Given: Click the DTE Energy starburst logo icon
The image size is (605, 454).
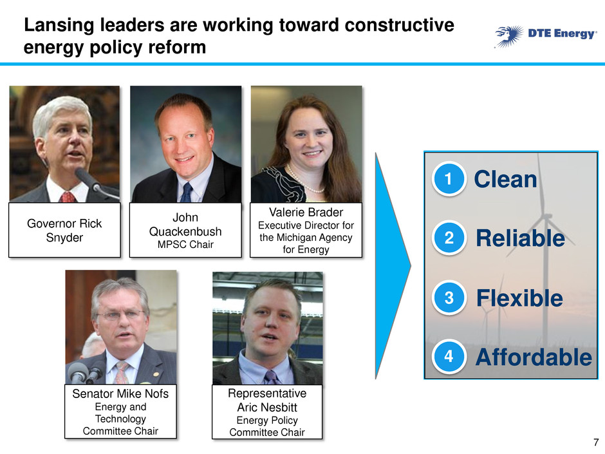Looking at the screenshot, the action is (x=509, y=36).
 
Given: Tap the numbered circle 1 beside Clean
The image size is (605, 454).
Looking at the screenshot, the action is (x=449, y=179).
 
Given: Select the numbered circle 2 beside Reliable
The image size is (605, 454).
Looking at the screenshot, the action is (x=449, y=238).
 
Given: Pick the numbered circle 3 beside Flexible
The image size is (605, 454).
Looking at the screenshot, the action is (x=449, y=298).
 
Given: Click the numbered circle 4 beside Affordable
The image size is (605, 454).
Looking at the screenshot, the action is (x=449, y=356).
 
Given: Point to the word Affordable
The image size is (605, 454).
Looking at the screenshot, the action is (x=534, y=357).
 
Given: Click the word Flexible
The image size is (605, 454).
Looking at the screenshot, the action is (x=519, y=298).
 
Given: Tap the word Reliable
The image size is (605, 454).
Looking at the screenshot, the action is (x=521, y=238).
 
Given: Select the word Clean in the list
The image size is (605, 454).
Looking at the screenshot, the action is (x=505, y=180).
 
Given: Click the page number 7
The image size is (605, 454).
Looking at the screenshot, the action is (x=596, y=442).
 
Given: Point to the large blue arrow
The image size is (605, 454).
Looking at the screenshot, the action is (x=393, y=265).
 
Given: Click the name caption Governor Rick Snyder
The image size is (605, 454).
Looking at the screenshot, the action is (x=64, y=231).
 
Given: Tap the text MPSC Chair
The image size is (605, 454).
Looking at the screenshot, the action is (x=185, y=244).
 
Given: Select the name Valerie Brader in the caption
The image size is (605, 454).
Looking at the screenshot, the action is (x=306, y=213).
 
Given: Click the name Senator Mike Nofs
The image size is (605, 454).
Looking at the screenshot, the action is (x=120, y=393).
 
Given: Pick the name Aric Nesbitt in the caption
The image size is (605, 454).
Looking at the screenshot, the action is (x=267, y=407).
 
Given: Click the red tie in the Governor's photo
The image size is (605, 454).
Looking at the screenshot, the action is (x=68, y=197).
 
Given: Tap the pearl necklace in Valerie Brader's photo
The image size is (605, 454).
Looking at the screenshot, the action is (x=306, y=180).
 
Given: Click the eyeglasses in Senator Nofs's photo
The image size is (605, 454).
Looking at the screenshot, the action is (x=121, y=315).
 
